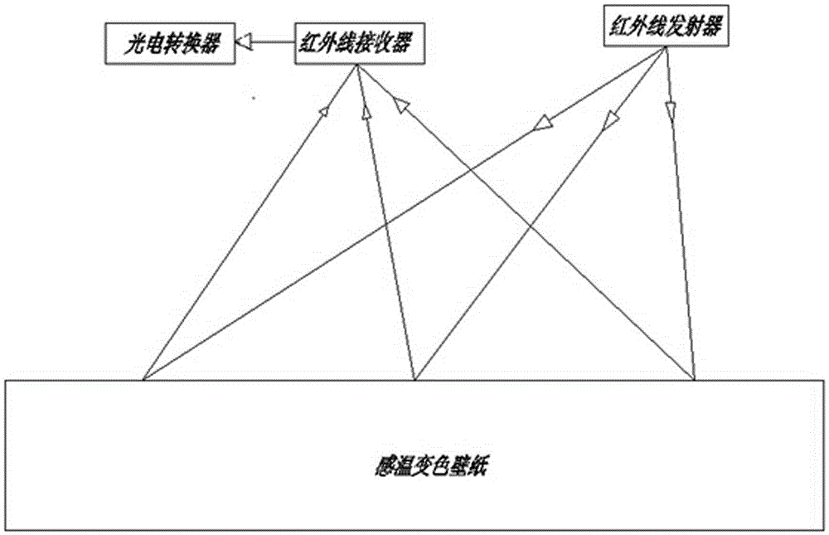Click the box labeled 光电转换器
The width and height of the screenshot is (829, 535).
(170, 44)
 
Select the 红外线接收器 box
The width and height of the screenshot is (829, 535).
(360, 44)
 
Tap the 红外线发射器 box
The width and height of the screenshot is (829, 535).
(667, 26)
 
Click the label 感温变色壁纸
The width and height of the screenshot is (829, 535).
(429, 466)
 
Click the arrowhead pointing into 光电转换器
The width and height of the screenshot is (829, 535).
(245, 41)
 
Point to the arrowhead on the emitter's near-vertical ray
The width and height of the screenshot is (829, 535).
(671, 112)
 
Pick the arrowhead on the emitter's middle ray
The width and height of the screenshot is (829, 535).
(611, 119)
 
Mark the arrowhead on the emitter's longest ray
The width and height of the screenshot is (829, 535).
(543, 123)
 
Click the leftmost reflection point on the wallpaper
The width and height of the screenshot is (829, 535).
(143, 379)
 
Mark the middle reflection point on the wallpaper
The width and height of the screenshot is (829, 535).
(415, 379)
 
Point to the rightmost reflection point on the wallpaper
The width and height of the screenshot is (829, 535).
(694, 379)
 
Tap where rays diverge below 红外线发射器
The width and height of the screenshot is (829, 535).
(665, 47)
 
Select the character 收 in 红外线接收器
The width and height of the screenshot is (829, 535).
(381, 43)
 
